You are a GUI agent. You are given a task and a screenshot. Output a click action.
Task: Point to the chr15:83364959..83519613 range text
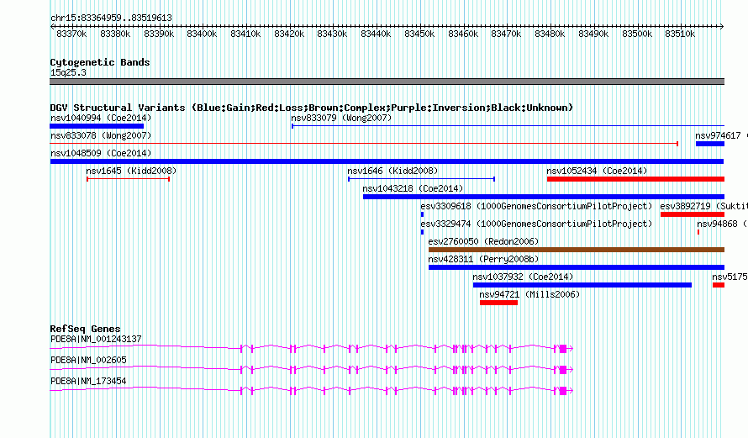pos(111,18)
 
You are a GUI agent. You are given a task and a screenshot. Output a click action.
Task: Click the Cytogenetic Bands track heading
pos(100,62)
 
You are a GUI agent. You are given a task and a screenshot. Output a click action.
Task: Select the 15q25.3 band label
pos(68,72)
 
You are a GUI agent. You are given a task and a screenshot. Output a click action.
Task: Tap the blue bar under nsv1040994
pos(97,126)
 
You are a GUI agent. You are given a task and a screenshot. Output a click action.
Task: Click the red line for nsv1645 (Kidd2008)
pos(128,178)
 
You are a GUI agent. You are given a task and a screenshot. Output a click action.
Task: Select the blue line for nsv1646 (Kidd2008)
pos(421,178)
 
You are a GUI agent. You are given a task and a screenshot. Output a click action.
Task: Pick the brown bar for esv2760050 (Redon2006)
pos(576,250)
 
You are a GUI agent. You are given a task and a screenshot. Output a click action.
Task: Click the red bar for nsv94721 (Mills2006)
pos(498,303)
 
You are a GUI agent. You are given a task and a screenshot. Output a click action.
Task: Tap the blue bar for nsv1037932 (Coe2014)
pos(582,285)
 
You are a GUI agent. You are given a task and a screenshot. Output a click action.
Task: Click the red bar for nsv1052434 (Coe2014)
pos(635,179)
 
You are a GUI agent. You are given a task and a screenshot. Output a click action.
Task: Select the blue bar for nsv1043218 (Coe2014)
pos(543,197)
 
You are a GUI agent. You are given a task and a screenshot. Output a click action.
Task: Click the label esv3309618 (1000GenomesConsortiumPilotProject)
pos(536,206)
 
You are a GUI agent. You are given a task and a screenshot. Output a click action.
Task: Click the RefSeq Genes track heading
pos(85,329)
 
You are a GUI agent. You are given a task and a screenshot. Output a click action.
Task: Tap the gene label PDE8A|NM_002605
pos(88,360)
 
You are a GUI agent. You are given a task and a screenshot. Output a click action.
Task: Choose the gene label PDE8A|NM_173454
pos(88,381)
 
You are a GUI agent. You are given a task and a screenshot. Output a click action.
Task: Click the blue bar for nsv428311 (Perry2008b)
pos(576,267)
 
